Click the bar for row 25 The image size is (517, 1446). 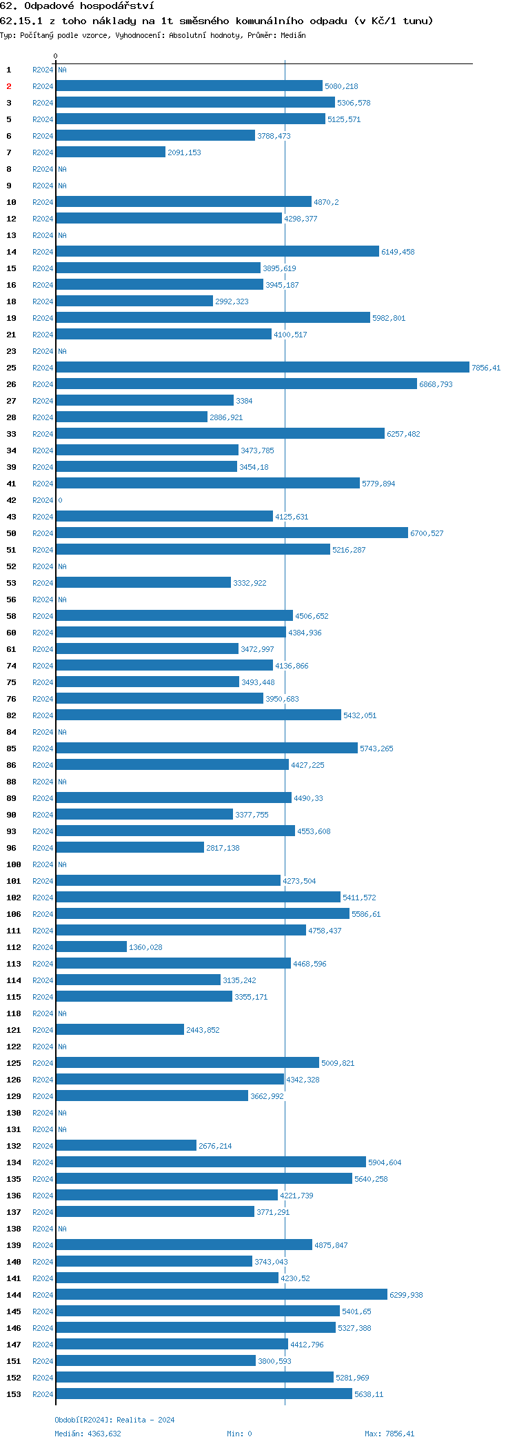coord(262,368)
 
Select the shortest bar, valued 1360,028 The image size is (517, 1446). coord(92,947)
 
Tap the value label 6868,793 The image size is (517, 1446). coord(436,384)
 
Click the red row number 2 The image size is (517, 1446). coord(9,86)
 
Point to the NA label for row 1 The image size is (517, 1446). coord(62,70)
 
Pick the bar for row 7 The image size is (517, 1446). coord(111,152)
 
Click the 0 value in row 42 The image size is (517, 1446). coord(60,500)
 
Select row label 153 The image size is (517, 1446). coord(14,1394)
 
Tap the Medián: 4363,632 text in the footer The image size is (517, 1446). coord(88,1434)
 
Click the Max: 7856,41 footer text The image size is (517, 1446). coord(389,1434)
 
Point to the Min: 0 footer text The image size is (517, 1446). coord(239,1434)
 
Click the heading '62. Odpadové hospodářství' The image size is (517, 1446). coord(77,6)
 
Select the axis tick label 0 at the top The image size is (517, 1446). coord(56,56)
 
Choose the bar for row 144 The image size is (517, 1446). coord(221,1295)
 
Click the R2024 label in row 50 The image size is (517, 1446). coord(43,533)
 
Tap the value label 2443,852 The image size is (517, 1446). coord(203,1030)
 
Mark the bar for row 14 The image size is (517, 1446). coord(217,252)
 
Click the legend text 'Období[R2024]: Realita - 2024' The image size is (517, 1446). coord(114,1420)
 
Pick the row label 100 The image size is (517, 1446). coord(14,864)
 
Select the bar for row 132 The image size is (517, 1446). coord(126,1146)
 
